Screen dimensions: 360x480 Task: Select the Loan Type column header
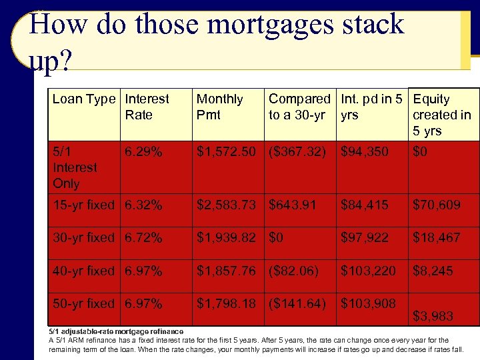[x=83, y=99]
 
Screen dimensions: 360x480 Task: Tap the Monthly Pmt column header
[x=219, y=107]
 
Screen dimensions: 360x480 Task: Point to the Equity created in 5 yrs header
[x=441, y=115]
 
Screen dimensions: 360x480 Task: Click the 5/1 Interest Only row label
[x=75, y=167]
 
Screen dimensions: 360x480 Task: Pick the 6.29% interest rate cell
[x=143, y=152]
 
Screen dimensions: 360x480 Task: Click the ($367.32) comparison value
[x=297, y=152]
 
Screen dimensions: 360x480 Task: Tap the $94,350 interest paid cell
[x=364, y=152]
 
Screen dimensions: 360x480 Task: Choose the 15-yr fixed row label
[x=83, y=205]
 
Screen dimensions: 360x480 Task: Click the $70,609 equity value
[x=437, y=205]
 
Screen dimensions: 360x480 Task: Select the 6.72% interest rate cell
[x=143, y=237]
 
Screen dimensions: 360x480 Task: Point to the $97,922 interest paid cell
[x=364, y=237]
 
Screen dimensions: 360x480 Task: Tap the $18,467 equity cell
[x=437, y=237]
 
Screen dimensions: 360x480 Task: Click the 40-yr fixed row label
[x=83, y=271]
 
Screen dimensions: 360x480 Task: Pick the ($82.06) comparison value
[x=293, y=271]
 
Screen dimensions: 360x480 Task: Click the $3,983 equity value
[x=433, y=316]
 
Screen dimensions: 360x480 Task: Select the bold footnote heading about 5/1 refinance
[x=116, y=331]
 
